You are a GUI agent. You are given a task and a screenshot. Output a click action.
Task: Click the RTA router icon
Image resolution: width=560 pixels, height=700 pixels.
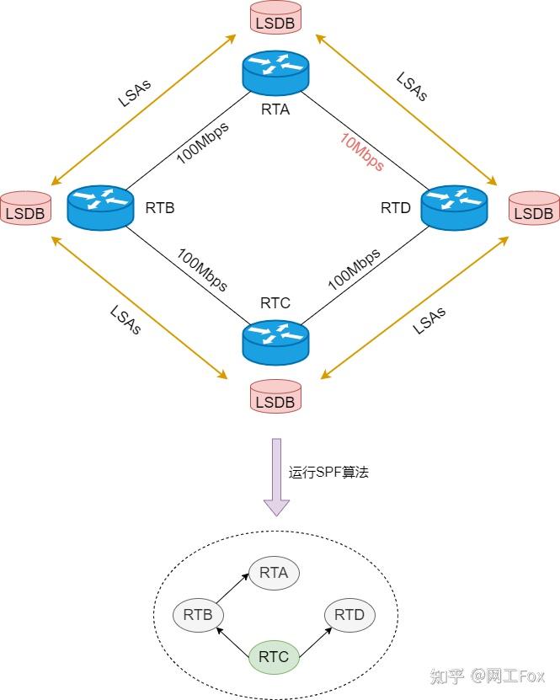click(275, 73)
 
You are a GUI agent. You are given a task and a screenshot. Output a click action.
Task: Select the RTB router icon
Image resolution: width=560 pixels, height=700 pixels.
click(100, 207)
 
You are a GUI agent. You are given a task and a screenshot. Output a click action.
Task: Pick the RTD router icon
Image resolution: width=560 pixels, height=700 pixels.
click(453, 207)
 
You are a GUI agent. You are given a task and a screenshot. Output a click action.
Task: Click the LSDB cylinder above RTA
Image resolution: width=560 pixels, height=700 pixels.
click(275, 19)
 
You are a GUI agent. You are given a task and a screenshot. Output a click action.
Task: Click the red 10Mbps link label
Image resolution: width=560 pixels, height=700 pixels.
click(362, 152)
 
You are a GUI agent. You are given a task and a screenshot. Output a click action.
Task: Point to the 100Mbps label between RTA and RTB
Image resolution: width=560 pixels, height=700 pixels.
click(202, 142)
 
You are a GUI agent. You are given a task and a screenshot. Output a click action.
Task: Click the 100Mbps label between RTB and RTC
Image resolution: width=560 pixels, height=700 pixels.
click(201, 270)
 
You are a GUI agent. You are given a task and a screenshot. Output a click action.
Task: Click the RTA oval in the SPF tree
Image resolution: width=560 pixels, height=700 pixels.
click(274, 574)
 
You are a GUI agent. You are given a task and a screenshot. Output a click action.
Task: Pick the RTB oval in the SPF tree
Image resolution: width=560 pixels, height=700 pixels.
click(198, 615)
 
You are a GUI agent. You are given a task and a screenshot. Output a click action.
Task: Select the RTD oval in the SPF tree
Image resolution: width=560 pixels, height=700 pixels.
click(349, 615)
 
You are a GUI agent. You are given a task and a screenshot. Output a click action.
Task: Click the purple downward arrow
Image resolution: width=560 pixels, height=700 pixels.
click(275, 476)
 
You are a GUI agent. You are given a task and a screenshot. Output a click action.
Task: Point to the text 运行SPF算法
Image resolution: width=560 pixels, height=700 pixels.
click(328, 473)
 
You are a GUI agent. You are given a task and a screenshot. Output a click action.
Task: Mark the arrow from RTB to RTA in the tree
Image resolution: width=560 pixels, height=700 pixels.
click(232, 590)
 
